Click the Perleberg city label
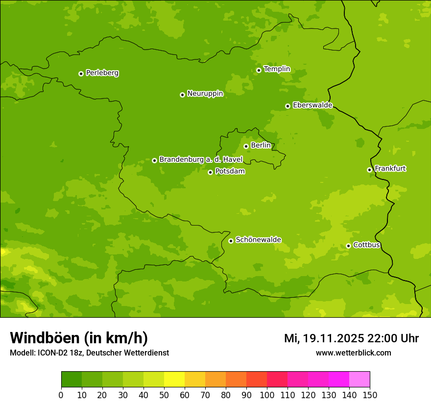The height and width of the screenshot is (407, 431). click(102, 73)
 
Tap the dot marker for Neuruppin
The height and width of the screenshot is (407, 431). click(182, 95)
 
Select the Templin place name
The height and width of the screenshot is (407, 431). click(277, 69)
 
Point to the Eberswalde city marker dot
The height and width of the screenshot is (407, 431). click(287, 106)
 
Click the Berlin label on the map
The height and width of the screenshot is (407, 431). click(261, 146)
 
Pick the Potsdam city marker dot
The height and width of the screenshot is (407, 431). click(210, 172)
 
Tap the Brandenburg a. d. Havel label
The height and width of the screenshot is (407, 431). click(201, 160)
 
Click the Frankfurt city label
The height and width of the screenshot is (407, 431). click(390, 169)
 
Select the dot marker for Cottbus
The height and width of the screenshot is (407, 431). click(348, 246)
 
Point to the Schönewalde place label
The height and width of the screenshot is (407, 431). click(258, 240)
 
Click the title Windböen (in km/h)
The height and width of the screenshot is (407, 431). click(79, 338)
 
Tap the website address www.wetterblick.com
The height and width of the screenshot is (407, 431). click(353, 353)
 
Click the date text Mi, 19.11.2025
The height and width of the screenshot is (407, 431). click(324, 338)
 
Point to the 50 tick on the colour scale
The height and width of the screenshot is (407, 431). click(164, 395)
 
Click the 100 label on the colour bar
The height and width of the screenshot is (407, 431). click(267, 395)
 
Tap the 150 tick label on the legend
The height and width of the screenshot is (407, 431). click(370, 395)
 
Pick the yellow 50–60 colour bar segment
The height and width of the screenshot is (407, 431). click(174, 380)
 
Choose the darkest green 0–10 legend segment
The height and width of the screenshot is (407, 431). click(72, 380)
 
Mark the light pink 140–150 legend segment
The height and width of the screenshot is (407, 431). click(359, 380)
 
